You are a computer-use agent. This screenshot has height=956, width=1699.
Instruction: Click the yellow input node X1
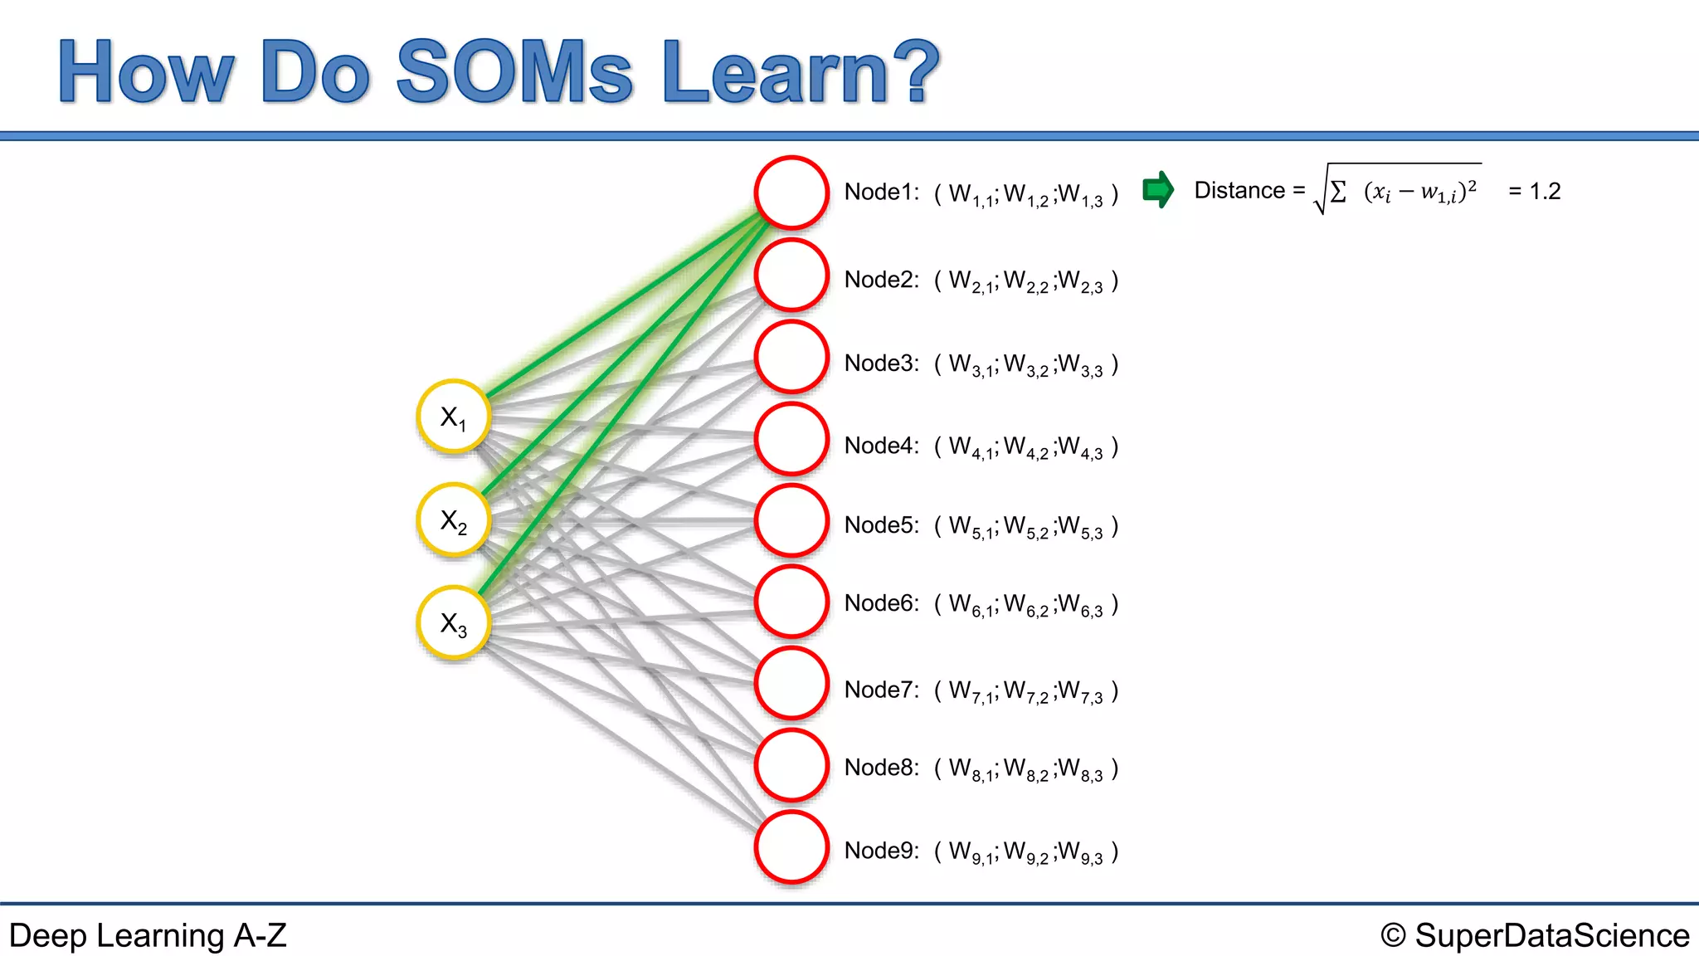(x=453, y=417)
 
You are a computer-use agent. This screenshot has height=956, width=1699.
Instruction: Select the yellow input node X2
(x=453, y=520)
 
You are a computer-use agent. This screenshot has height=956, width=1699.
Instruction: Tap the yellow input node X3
(x=453, y=623)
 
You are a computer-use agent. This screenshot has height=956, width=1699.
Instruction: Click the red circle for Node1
(x=791, y=193)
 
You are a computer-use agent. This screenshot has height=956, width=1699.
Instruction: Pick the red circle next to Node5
(x=791, y=521)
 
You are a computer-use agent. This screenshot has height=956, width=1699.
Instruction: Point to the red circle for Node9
(x=791, y=847)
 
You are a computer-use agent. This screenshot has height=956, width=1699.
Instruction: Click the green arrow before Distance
(x=1158, y=190)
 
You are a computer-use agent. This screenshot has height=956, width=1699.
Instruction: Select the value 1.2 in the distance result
(x=1545, y=192)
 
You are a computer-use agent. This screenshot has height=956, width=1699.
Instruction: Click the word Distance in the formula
(x=1239, y=191)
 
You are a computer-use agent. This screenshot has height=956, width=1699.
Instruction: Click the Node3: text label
(x=881, y=363)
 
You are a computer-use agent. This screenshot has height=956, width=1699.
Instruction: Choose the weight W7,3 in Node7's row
(x=1080, y=691)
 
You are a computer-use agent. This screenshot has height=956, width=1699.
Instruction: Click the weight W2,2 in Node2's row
(x=1026, y=281)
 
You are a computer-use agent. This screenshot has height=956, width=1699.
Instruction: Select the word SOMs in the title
(x=514, y=72)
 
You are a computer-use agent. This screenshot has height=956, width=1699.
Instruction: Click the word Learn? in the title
(x=801, y=72)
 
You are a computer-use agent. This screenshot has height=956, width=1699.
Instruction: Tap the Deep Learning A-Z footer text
(x=148, y=935)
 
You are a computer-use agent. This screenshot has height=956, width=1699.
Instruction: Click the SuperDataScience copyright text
(x=1535, y=935)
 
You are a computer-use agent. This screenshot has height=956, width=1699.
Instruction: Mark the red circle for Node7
(x=791, y=683)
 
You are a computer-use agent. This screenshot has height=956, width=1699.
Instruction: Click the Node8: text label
(x=881, y=768)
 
